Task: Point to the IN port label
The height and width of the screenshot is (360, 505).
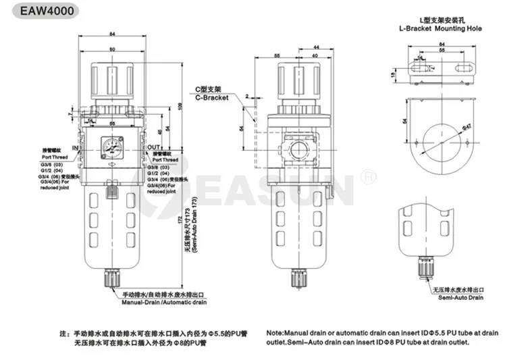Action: pyautogui.click(x=76, y=147)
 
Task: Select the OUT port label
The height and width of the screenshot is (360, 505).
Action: pyautogui.click(x=154, y=147)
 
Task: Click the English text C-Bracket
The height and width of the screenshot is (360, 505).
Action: pyautogui.click(x=212, y=98)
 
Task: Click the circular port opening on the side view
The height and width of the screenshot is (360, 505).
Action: pyautogui.click(x=295, y=147)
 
